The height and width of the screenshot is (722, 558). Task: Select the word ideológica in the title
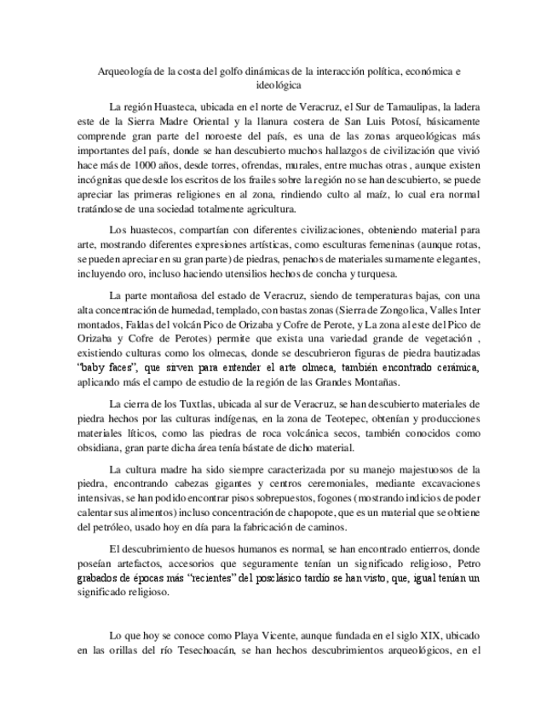click(279, 85)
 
